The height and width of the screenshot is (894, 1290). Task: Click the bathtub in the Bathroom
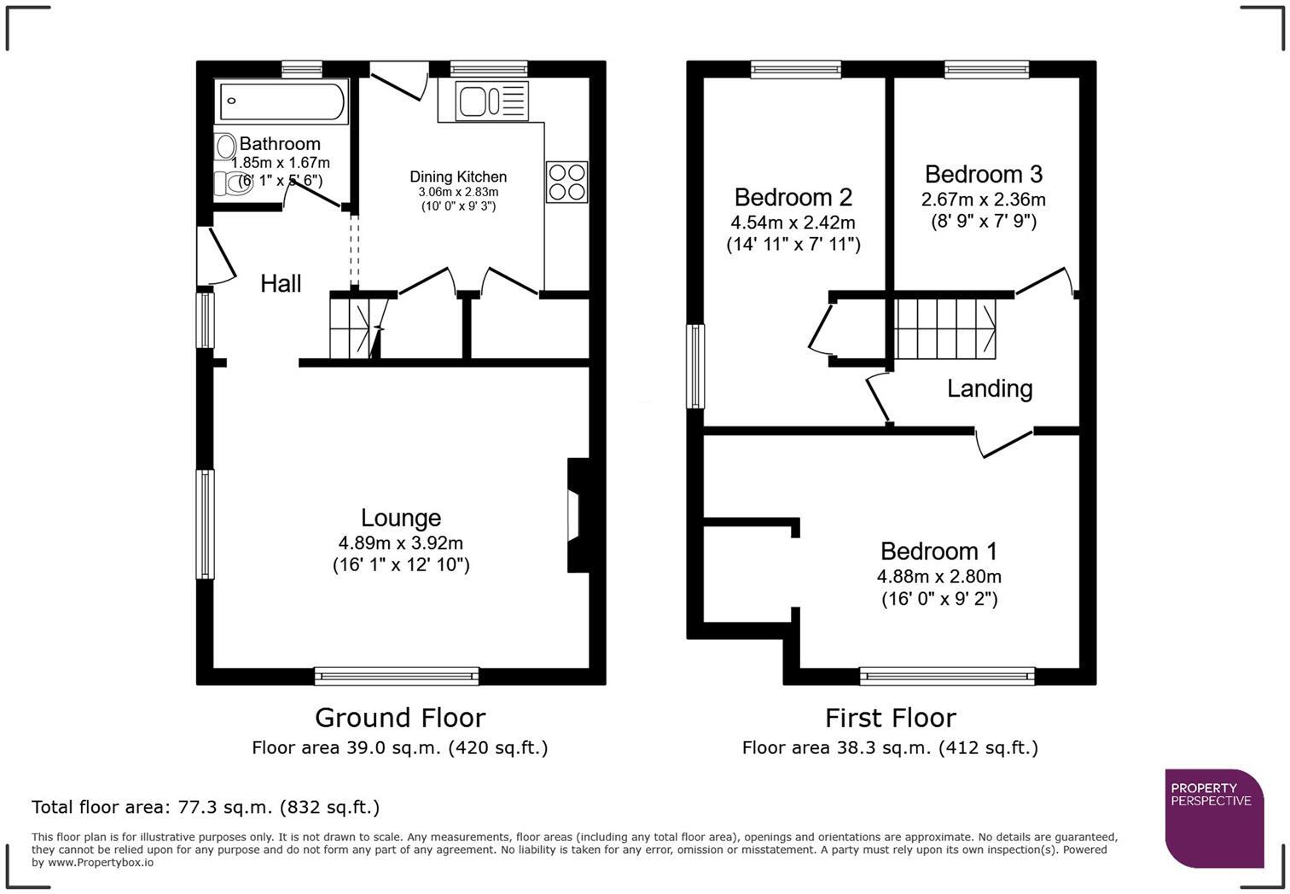pos(282,102)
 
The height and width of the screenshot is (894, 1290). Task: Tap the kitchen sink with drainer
pos(491,102)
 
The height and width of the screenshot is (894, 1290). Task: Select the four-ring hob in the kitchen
pos(567,182)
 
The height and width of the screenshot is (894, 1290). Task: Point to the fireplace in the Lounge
pos(578,515)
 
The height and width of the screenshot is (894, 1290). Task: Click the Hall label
pos(281,283)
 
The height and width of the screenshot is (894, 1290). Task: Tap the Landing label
pos(990,389)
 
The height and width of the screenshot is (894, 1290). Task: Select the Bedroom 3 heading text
pos(984,174)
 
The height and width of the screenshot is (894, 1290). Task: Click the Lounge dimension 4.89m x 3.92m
pos(401,543)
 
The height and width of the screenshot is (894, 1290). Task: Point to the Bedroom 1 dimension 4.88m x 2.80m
pos(939,576)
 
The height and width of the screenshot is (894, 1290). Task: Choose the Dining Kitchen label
pos(458,177)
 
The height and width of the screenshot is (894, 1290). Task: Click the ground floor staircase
pos(356,326)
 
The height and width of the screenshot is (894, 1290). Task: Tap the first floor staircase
pos(945,328)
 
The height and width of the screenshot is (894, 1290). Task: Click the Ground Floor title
pos(400,718)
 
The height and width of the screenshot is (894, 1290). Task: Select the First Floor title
pos(891,718)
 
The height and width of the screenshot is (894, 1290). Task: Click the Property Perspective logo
pos(1215,818)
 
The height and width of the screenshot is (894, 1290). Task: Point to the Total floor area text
pos(206,808)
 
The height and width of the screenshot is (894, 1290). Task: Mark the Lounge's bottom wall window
pos(397,676)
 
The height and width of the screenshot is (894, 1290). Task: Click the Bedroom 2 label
pos(793,197)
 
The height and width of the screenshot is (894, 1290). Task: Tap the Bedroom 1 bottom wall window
pos(947,676)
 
